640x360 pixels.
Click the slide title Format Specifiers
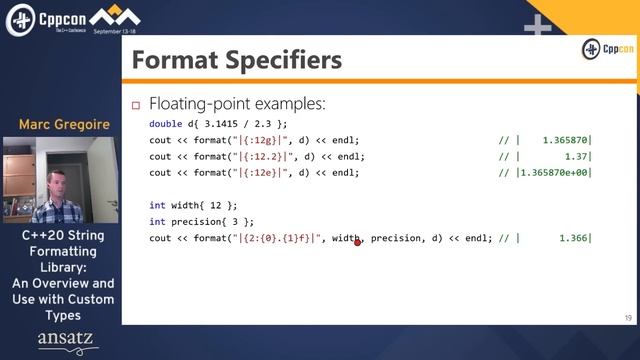236,61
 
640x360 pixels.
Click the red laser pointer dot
357,242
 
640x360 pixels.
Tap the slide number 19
627,317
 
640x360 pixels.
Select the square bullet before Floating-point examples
137,104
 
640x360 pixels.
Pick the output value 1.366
572,238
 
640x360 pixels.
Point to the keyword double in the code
165,124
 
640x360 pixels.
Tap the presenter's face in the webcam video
56,182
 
